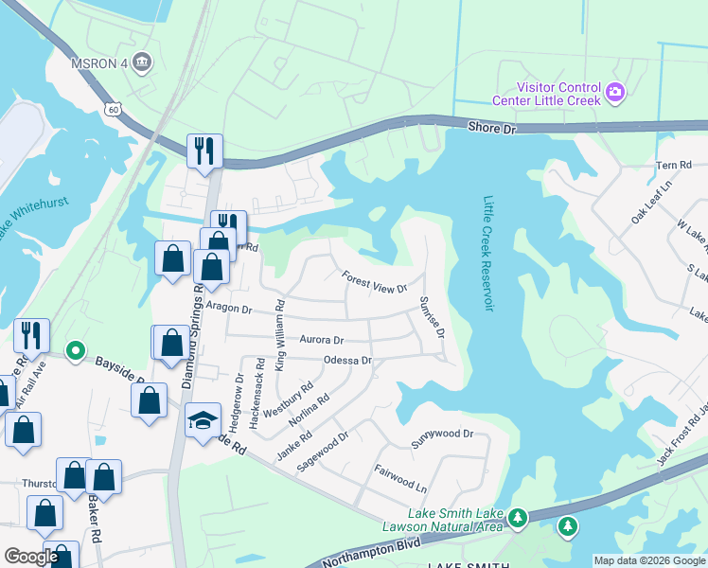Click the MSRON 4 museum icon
pos(142,62)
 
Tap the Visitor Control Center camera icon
pos(615,92)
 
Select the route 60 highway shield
pos(114,110)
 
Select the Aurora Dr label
pos(321,339)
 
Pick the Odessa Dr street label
pos(347,361)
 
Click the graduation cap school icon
pos(203,421)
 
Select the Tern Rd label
pos(674,165)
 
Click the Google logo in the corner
pos(31,557)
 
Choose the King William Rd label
pos(279,333)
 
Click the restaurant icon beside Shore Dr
pos(204,150)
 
